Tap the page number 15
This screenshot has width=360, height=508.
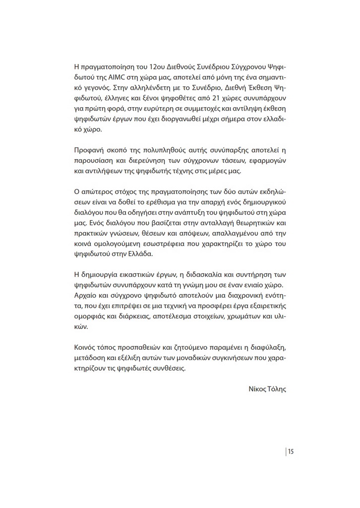coord(291,451)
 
